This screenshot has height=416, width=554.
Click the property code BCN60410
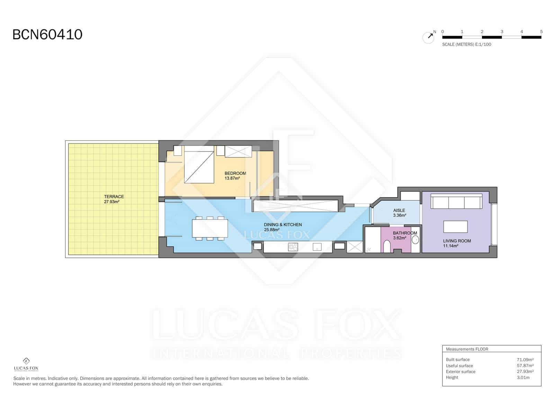coord(47,35)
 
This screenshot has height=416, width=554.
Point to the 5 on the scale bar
coord(541,32)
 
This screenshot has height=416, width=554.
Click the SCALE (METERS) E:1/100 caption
coord(466,44)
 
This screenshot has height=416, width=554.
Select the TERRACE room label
coord(114,197)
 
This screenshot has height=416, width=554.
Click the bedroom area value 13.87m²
coord(232,178)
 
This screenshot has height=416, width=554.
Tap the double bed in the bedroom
coord(199,165)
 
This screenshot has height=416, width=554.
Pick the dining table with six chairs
coord(210,228)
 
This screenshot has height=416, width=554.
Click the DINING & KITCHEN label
coord(283,225)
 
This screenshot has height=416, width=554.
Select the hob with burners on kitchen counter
coord(293,247)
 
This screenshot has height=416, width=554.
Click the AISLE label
coord(399,210)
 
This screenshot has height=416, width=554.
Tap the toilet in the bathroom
coord(387,247)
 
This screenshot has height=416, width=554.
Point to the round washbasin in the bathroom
coord(415,240)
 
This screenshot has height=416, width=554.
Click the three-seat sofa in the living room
coord(456,201)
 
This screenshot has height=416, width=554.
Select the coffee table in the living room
coord(456,227)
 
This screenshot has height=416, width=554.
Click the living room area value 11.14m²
coord(450,246)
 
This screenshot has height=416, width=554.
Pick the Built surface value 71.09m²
coord(525,360)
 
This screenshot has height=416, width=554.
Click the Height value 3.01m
coord(523,378)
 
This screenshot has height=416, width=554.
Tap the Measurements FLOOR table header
coord(467,349)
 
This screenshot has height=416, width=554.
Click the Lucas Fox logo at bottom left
coord(26,364)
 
